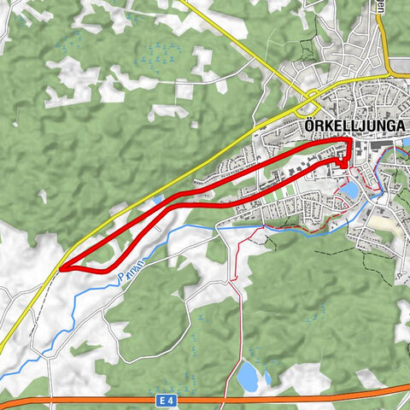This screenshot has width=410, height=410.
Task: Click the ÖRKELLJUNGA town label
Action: (354, 125)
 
